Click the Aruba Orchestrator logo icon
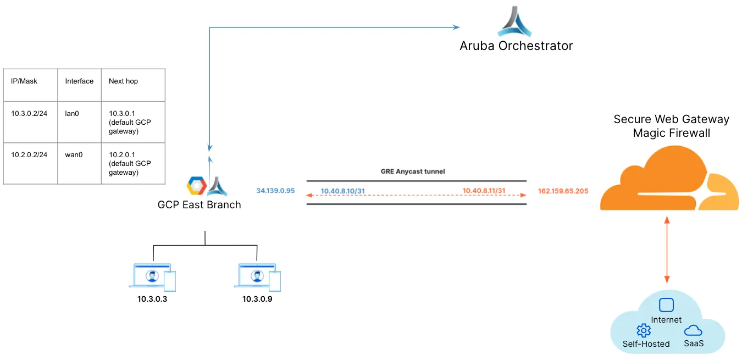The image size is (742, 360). [515, 22]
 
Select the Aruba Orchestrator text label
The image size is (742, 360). [516, 46]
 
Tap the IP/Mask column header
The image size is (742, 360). [24, 81]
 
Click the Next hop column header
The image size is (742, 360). [123, 81]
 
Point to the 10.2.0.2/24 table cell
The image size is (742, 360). [29, 154]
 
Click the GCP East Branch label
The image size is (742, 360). [199, 205]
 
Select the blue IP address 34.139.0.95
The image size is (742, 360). [275, 191]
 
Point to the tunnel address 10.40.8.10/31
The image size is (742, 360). [344, 191]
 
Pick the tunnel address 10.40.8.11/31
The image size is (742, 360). [484, 191]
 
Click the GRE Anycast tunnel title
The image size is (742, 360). [413, 171]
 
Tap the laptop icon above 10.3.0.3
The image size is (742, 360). [152, 276]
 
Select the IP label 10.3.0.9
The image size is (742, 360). [257, 300]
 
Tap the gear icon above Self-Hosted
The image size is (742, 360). [643, 330]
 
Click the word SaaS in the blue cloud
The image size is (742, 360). [694, 343]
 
